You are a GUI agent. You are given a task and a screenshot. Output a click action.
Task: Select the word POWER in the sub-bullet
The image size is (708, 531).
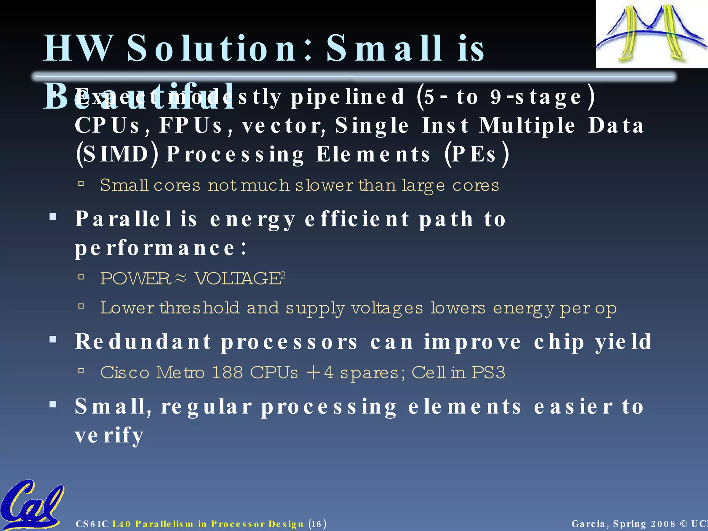coord(135,279)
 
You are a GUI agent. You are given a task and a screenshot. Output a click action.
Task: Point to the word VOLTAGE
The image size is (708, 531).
coord(238,279)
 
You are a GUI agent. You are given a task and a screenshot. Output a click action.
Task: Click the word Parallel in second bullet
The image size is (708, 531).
coord(123,219)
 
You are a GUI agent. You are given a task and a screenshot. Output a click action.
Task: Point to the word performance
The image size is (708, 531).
coord(155,248)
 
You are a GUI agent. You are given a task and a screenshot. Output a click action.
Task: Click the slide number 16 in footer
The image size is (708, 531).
coord(316,524)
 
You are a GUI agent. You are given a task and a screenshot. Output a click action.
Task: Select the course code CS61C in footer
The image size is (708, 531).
coord(92,524)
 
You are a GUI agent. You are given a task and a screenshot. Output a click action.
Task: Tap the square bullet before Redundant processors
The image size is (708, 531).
coord(53,339)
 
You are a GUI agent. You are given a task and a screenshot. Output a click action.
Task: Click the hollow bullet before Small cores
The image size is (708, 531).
coord(81,184)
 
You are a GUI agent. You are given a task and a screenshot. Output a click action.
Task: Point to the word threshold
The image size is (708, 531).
coord(199,308)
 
